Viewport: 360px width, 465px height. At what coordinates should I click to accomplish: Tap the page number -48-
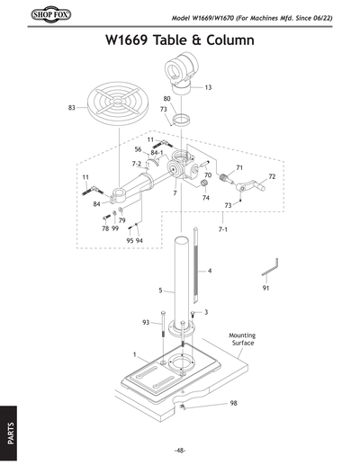coord(180,450)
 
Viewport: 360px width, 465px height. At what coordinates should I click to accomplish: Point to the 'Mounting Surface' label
coord(243,338)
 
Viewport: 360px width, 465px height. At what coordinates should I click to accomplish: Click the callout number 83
coord(72,107)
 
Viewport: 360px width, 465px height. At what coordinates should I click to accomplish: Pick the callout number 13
coord(208,87)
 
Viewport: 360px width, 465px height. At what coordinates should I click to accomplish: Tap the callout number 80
coord(167,98)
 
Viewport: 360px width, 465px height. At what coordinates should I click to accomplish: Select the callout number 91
coord(266,288)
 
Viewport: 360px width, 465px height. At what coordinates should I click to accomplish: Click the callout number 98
coord(233,402)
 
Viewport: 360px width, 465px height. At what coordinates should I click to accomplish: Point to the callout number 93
coord(146,322)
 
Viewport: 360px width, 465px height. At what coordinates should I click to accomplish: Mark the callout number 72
coord(272,176)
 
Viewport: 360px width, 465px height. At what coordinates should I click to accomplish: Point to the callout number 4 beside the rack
coord(209,270)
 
